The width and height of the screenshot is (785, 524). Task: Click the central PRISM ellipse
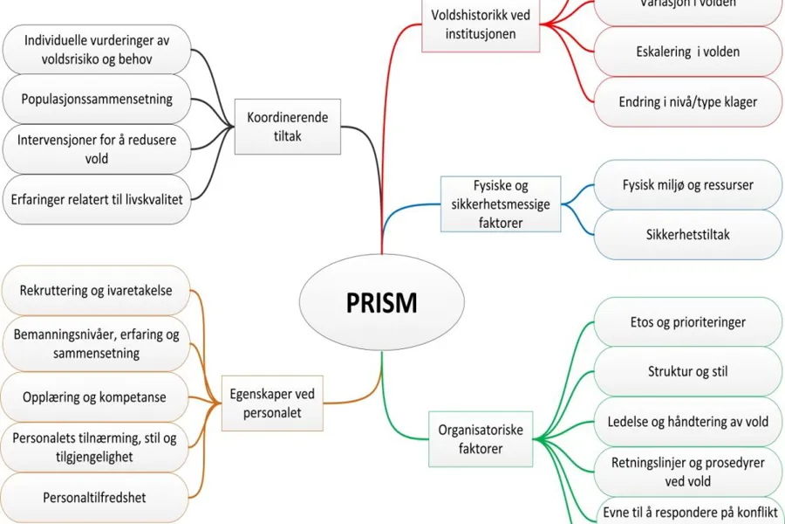pyautogui.click(x=382, y=302)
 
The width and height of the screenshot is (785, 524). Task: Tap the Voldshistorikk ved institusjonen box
pyautogui.click(x=480, y=24)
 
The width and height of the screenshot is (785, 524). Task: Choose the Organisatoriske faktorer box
pyautogui.click(x=480, y=438)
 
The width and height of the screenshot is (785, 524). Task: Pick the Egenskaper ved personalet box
pyautogui.click(x=271, y=403)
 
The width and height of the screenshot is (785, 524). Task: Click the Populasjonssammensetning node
pyautogui.click(x=96, y=99)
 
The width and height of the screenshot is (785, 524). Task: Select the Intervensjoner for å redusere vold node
pyautogui.click(x=96, y=149)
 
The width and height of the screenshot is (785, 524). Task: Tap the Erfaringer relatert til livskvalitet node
pyautogui.click(x=96, y=199)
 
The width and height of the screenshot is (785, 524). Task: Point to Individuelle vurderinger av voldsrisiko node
pyautogui.click(x=96, y=50)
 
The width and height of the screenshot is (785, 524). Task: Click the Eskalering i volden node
pyautogui.click(x=687, y=52)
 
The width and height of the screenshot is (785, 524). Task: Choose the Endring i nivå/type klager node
pyautogui.click(x=687, y=101)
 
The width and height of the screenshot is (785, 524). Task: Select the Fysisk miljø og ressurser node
pyautogui.click(x=687, y=185)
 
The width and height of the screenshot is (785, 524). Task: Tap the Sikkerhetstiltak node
pyautogui.click(x=687, y=235)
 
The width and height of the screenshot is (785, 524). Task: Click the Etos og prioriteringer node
pyautogui.click(x=687, y=322)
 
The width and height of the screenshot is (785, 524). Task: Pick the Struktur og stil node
pyautogui.click(x=687, y=372)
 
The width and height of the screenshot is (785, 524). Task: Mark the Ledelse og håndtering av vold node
pyautogui.click(x=687, y=422)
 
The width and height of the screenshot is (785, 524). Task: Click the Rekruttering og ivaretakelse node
pyautogui.click(x=96, y=291)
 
